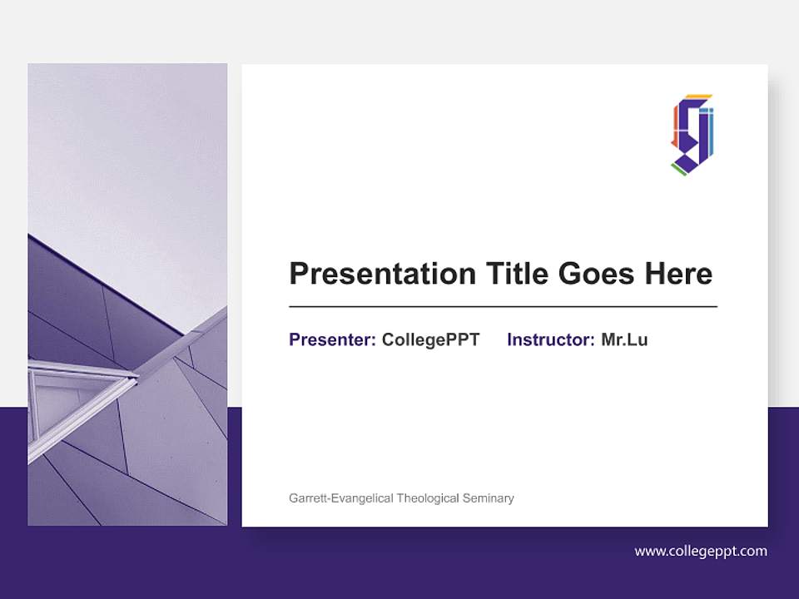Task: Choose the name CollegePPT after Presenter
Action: (430, 339)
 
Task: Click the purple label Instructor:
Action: (551, 339)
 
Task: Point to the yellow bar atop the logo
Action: (698, 97)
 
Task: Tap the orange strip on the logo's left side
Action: (676, 125)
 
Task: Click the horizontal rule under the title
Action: (503, 307)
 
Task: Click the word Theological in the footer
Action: (428, 498)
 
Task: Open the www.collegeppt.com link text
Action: (701, 551)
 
